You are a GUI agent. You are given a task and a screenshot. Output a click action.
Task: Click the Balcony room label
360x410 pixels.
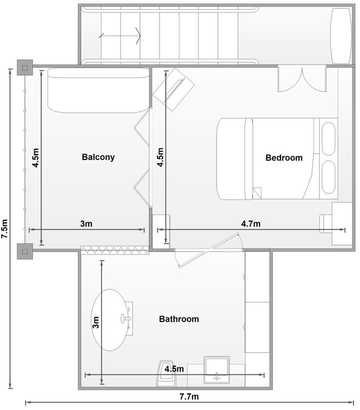[x=98, y=157]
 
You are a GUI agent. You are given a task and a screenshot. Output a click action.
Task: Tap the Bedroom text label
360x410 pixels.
[x=284, y=157]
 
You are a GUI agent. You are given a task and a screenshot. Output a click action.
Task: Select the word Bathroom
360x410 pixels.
[x=179, y=319]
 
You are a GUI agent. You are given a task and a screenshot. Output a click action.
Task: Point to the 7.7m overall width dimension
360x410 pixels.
[x=189, y=396]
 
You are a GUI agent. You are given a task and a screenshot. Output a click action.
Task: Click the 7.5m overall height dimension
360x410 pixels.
[x=4, y=228]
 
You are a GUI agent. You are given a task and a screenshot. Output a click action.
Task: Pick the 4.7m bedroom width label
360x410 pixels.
[x=250, y=224]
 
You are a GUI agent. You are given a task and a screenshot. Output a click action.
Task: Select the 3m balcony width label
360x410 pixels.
[x=86, y=224]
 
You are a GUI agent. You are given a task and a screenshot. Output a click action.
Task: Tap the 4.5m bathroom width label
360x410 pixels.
[x=174, y=369]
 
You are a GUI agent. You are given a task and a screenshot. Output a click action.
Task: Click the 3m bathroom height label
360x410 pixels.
[x=95, y=322]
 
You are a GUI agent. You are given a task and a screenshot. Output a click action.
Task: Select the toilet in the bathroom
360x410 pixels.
[x=166, y=374]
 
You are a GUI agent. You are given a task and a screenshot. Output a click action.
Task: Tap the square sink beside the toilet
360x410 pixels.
[x=216, y=369]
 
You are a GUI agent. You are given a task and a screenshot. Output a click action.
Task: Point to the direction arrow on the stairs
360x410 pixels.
[x=119, y=35]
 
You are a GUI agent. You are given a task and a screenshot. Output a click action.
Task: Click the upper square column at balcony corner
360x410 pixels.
[x=25, y=67]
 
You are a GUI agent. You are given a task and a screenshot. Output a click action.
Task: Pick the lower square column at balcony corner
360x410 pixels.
[x=25, y=251]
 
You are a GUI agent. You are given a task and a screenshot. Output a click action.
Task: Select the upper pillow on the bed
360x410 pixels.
[x=328, y=138]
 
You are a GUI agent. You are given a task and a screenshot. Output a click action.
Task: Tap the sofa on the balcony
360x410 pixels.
[x=98, y=90]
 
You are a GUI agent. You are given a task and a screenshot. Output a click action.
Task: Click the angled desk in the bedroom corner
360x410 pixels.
[x=173, y=89]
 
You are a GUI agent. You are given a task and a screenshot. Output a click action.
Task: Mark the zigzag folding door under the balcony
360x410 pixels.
[x=115, y=250]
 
